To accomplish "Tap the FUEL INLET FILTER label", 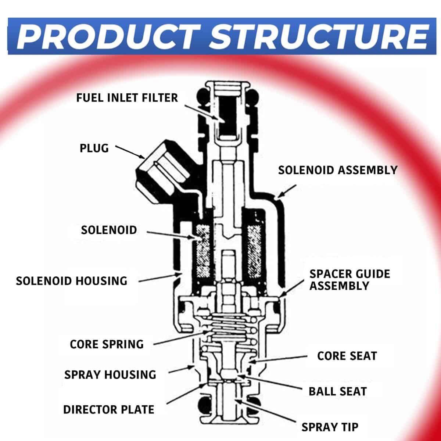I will click(x=127, y=98).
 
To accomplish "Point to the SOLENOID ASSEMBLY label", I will click(x=338, y=170).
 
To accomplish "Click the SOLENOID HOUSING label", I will click(x=72, y=281).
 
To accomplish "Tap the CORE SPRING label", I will click(x=107, y=344).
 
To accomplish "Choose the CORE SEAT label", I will click(x=347, y=356).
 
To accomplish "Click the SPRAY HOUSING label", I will click(x=110, y=374).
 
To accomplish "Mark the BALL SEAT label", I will click(x=337, y=391).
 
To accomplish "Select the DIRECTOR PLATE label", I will click(x=109, y=409).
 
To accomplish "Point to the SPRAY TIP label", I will click(x=330, y=427).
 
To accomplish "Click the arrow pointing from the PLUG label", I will click(x=130, y=152).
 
